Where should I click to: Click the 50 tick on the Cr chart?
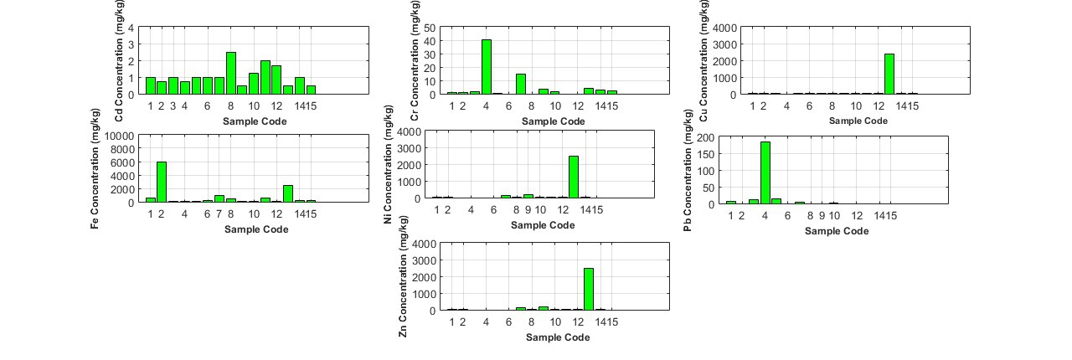point(428,28)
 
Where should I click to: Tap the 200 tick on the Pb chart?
point(704,136)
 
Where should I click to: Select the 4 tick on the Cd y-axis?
point(131,28)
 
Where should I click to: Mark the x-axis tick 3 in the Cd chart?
point(173,106)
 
